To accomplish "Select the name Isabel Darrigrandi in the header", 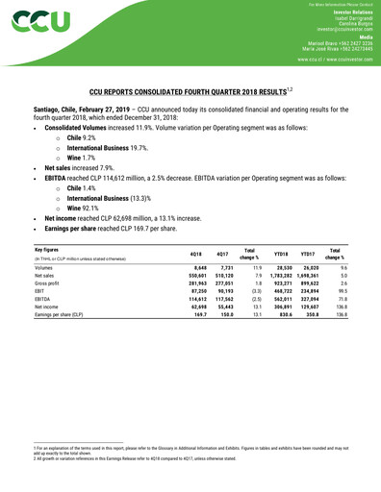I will tap(344, 19).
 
